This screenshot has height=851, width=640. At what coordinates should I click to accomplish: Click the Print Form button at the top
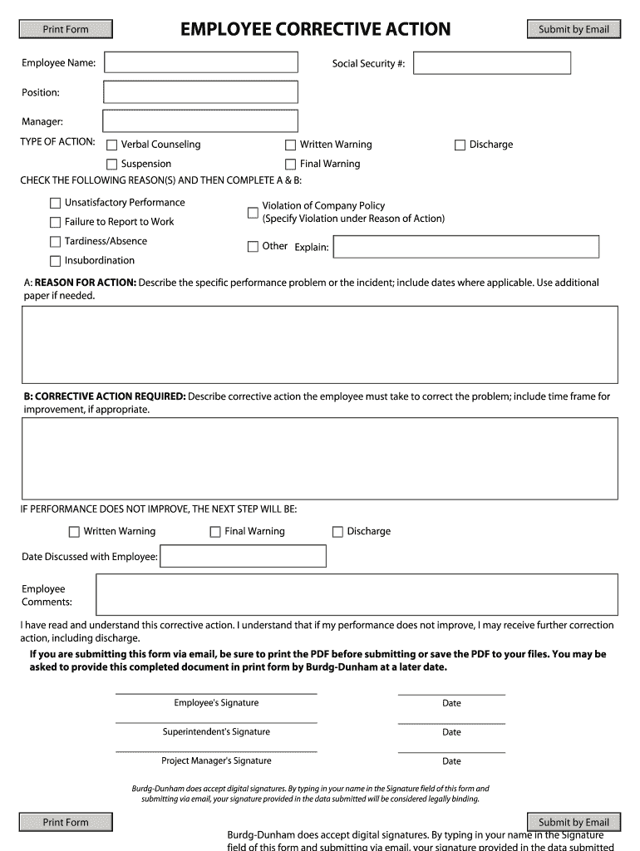tap(65, 30)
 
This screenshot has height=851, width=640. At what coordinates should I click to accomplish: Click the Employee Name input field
tap(200, 62)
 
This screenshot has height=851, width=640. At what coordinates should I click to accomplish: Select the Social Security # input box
tap(491, 63)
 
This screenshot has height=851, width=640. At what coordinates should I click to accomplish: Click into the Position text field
tap(200, 92)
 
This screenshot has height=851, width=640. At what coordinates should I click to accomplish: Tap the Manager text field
tap(199, 121)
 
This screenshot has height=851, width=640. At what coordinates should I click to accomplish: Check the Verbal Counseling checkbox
tap(112, 145)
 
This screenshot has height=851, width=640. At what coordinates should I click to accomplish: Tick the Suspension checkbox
tap(112, 165)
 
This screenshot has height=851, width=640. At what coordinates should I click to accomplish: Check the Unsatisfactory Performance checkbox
tap(56, 203)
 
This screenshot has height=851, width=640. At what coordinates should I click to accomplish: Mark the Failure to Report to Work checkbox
tap(56, 222)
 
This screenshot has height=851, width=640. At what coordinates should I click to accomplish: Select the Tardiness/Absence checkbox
tap(56, 242)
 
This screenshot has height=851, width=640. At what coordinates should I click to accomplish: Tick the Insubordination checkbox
tap(56, 261)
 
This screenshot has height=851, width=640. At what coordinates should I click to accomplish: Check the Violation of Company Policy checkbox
tap(253, 213)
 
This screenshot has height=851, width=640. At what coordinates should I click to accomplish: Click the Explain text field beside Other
tap(465, 247)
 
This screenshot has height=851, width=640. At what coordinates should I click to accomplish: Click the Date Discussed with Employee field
tap(243, 556)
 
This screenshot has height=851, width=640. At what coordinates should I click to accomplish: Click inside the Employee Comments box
tap(357, 594)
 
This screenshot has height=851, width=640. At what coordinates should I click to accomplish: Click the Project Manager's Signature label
tap(216, 760)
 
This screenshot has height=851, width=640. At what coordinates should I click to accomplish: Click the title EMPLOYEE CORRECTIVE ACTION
tap(316, 30)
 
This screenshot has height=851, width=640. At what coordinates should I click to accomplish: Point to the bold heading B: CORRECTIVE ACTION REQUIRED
tap(105, 396)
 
